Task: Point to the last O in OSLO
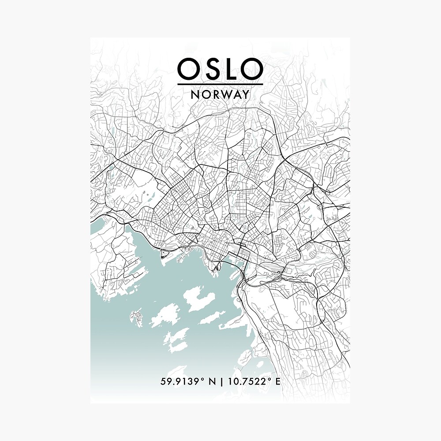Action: pos(253,69)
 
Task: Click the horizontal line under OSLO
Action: pos(220,84)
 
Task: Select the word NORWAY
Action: pos(220,94)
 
